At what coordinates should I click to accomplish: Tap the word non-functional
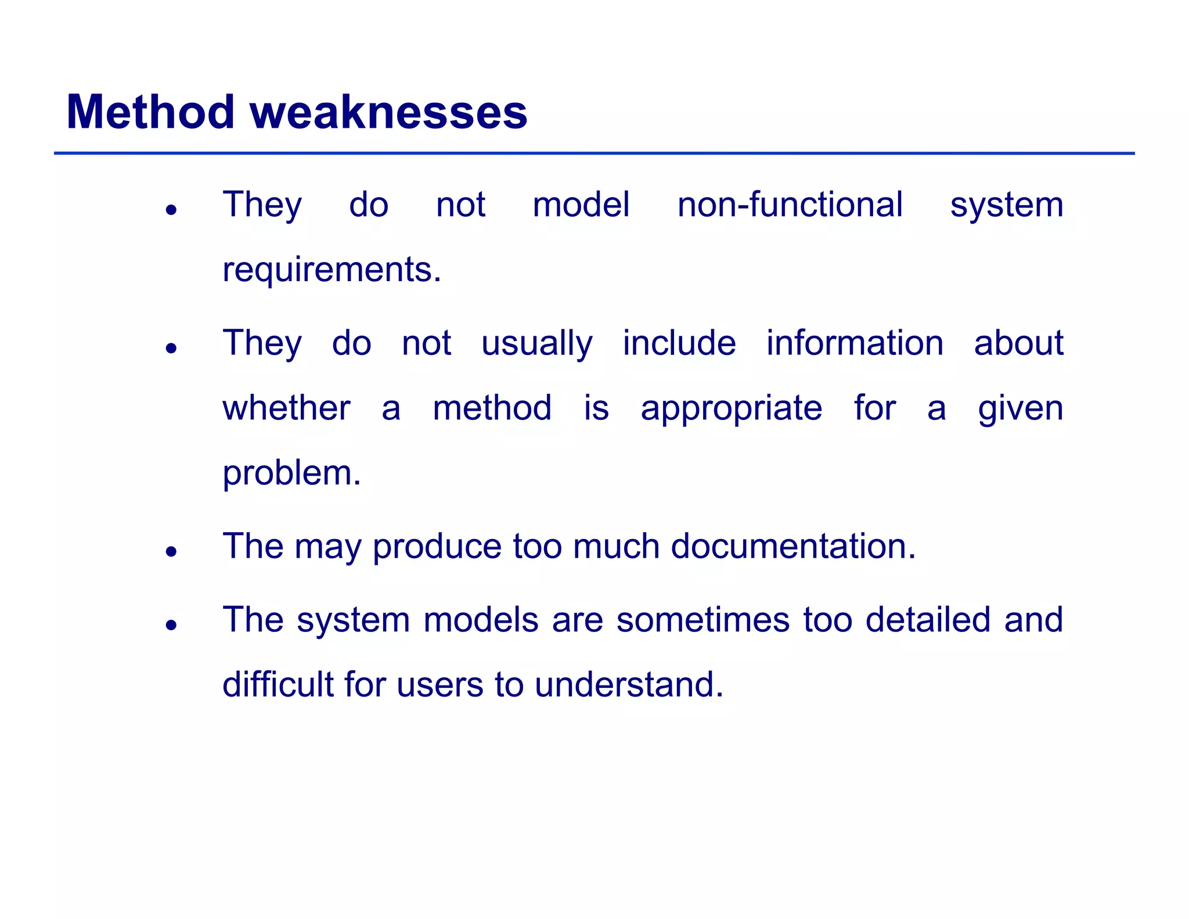(x=790, y=205)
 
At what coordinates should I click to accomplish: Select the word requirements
(x=332, y=270)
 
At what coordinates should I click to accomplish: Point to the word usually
(x=536, y=343)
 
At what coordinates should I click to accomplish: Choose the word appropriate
(x=731, y=409)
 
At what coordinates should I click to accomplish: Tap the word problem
(x=291, y=473)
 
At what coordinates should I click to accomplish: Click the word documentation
(x=793, y=547)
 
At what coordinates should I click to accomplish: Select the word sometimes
(x=702, y=620)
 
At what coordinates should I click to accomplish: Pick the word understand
(x=629, y=685)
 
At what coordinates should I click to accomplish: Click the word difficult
(x=278, y=685)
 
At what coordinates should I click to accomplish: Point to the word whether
(x=287, y=408)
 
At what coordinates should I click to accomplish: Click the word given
(x=1020, y=409)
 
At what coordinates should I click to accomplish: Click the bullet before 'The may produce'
(x=171, y=551)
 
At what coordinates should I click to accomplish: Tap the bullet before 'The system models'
(x=171, y=625)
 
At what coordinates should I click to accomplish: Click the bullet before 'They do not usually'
(x=171, y=349)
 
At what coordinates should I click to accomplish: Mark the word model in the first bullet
(x=581, y=205)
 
